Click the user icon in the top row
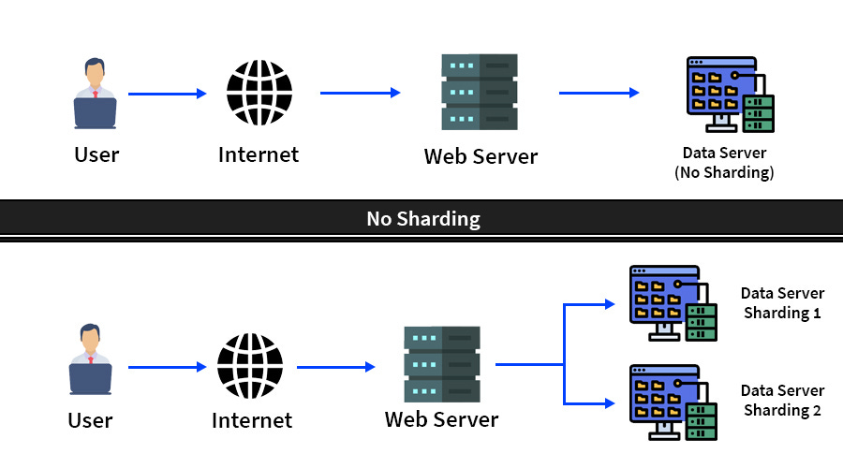95,94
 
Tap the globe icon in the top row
259,93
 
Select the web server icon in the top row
480,92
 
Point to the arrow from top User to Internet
167,94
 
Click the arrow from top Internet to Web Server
360,93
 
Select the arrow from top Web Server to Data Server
599,93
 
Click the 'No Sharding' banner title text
422,219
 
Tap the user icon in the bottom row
90,359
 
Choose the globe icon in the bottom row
250,366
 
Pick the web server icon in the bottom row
442,364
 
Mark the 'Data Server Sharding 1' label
782,303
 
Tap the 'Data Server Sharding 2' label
782,401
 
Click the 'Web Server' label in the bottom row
441,419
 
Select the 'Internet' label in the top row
259,154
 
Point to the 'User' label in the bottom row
90,420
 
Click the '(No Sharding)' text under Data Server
724,172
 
